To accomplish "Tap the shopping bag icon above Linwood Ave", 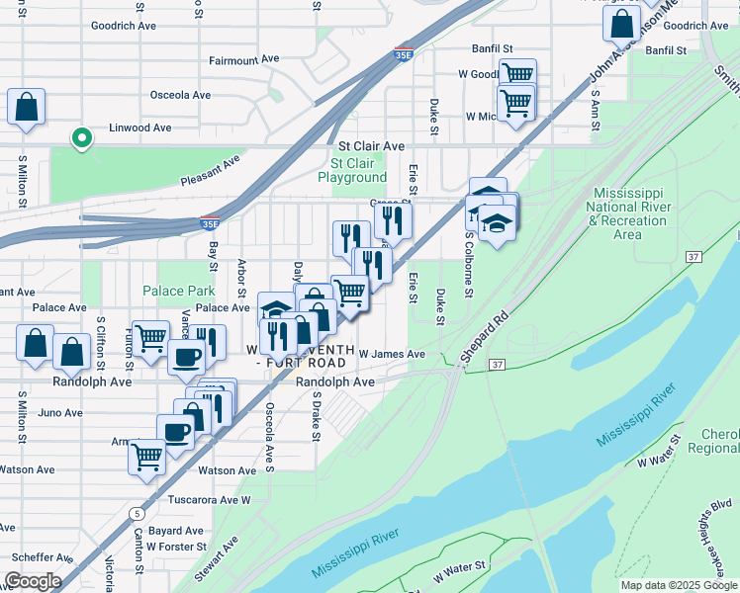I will click(x=26, y=107).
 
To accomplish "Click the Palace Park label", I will click(x=178, y=291).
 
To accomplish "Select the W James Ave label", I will click(x=392, y=354).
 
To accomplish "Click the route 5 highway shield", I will click(x=136, y=514).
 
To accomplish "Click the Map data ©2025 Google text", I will click(x=679, y=585).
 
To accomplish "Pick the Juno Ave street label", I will click(x=61, y=413).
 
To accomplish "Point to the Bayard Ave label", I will click(x=175, y=531).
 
